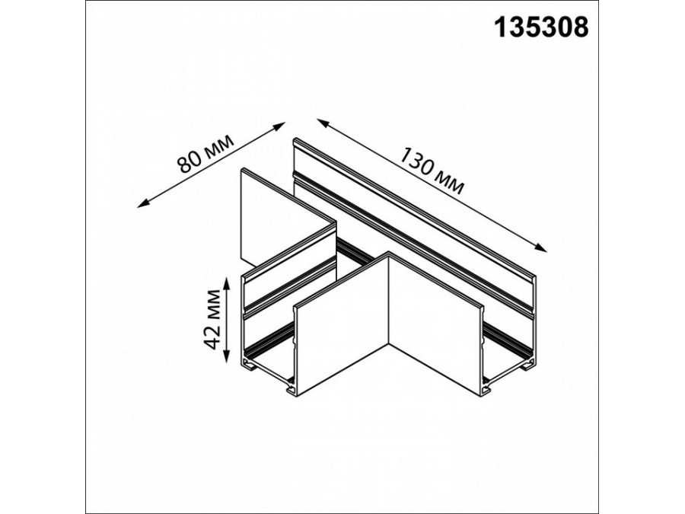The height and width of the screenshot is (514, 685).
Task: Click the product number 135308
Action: pos(541,27)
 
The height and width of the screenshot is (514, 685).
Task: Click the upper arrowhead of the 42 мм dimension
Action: pos(226,282)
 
